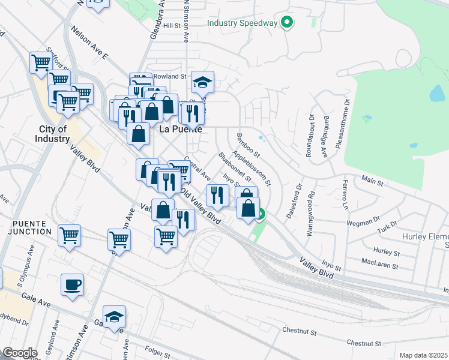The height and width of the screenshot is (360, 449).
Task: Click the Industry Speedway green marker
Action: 288,23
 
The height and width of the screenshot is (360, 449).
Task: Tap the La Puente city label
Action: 178,128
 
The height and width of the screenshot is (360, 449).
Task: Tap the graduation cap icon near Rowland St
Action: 203,81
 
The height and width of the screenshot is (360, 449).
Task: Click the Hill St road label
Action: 172,26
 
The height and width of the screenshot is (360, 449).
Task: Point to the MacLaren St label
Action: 377,261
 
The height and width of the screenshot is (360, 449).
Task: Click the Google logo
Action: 20,353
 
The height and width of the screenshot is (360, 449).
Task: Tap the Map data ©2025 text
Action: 423,355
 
